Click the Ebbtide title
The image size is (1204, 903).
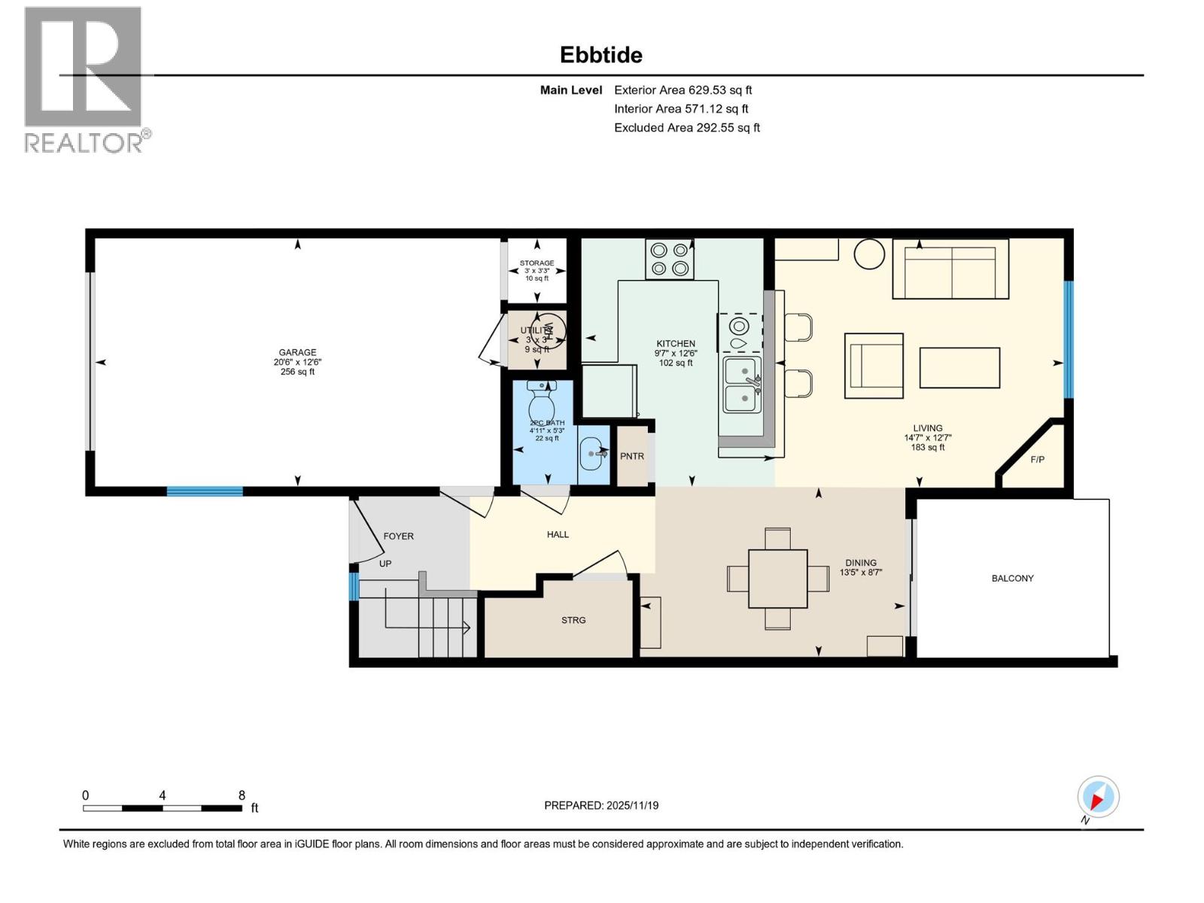click(x=600, y=55)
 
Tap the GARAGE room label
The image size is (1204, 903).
click(x=297, y=352)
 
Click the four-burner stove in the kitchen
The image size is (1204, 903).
click(x=669, y=259)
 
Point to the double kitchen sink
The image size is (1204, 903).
click(x=742, y=385)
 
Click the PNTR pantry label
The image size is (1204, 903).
click(x=632, y=456)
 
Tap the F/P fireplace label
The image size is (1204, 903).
click(x=1037, y=459)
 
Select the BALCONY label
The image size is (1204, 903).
click(x=1012, y=578)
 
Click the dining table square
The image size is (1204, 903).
click(x=777, y=578)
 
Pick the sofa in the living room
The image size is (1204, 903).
click(x=950, y=269)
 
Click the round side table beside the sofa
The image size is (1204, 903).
click(x=870, y=254)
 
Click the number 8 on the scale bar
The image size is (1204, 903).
click(x=242, y=795)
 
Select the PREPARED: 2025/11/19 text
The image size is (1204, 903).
click(x=601, y=805)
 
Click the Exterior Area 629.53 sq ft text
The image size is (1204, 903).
click(x=683, y=90)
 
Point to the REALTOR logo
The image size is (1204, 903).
click(x=84, y=79)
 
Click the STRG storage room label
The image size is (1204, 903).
click(x=573, y=620)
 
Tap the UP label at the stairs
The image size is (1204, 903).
click(x=385, y=563)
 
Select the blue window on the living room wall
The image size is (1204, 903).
click(x=1068, y=339)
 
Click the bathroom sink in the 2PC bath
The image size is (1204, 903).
click(x=593, y=454)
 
